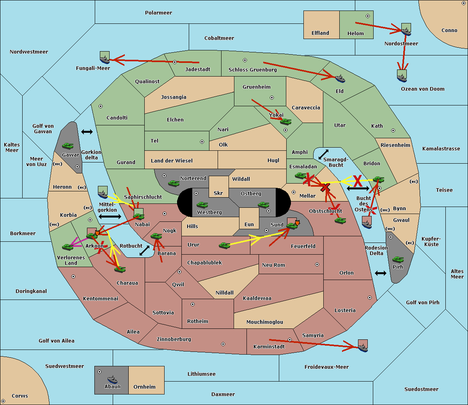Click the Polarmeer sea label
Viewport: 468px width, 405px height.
click(158, 13)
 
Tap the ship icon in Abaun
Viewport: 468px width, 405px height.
click(112, 379)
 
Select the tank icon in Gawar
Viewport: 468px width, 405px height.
click(68, 146)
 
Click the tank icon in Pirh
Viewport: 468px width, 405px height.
click(398, 259)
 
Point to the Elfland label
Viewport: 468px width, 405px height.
click(320, 33)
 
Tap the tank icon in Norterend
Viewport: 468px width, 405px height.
click(174, 183)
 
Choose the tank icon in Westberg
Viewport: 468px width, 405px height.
click(202, 205)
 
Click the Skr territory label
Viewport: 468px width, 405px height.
click(218, 193)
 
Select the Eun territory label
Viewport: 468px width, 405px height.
click(249, 224)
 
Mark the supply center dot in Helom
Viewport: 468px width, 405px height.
click(368, 16)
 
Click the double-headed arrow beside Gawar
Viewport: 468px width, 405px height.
click(87, 132)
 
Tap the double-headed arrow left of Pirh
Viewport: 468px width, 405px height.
click(381, 273)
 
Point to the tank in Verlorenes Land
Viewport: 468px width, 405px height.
click(68, 247)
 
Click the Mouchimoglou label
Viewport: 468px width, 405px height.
click(265, 322)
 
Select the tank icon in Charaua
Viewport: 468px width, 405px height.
click(120, 269)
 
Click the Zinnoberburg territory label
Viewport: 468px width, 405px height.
click(174, 339)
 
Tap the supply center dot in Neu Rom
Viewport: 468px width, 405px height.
click(317, 264)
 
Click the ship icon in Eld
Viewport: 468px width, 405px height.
click(340, 79)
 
